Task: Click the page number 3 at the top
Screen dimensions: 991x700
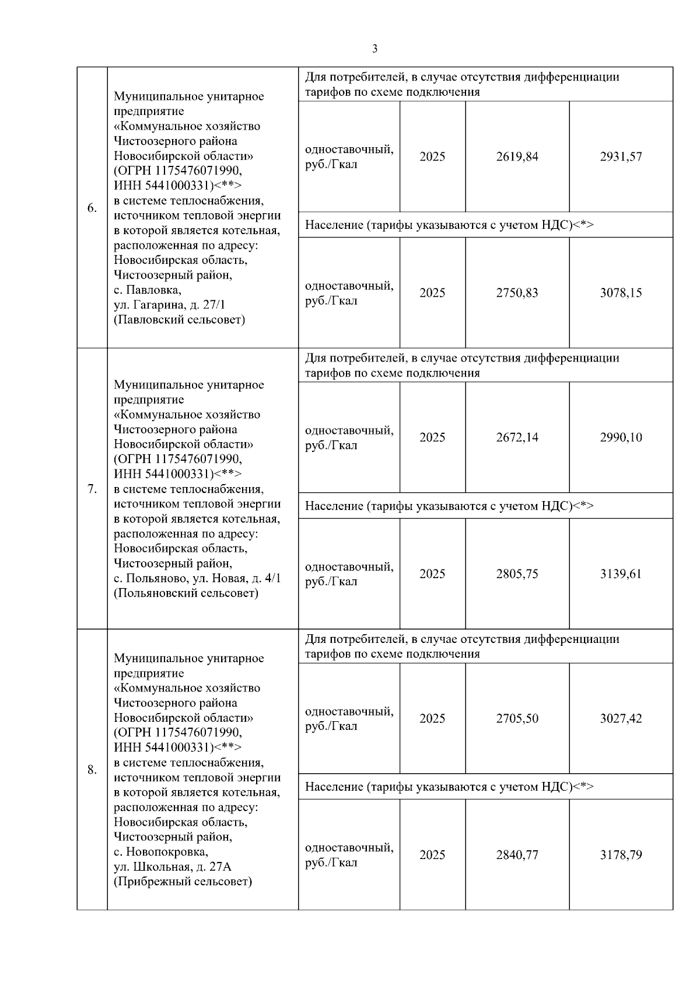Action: [374, 49]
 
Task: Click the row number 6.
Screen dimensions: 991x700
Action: [92, 208]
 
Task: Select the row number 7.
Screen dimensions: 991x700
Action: [92, 489]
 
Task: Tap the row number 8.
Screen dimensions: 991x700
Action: [92, 770]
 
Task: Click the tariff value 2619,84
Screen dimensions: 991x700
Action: [517, 157]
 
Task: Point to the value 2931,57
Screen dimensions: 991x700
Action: [621, 157]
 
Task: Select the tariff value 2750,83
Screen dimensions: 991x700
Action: [517, 293]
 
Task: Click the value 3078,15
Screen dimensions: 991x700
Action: [621, 293]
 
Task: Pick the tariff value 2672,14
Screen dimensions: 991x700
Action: [517, 437]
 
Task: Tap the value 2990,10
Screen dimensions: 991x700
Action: [621, 437]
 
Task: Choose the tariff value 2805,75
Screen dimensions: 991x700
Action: [517, 573]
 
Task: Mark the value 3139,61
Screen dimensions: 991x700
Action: [621, 573]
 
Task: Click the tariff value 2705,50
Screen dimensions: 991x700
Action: [517, 718]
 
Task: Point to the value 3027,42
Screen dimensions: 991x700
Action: [621, 718]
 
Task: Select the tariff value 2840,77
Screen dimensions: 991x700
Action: [517, 855]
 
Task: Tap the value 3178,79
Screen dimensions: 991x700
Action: [621, 855]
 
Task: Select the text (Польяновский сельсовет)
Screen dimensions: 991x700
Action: [185, 593]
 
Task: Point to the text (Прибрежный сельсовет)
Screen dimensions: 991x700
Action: [183, 881]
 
